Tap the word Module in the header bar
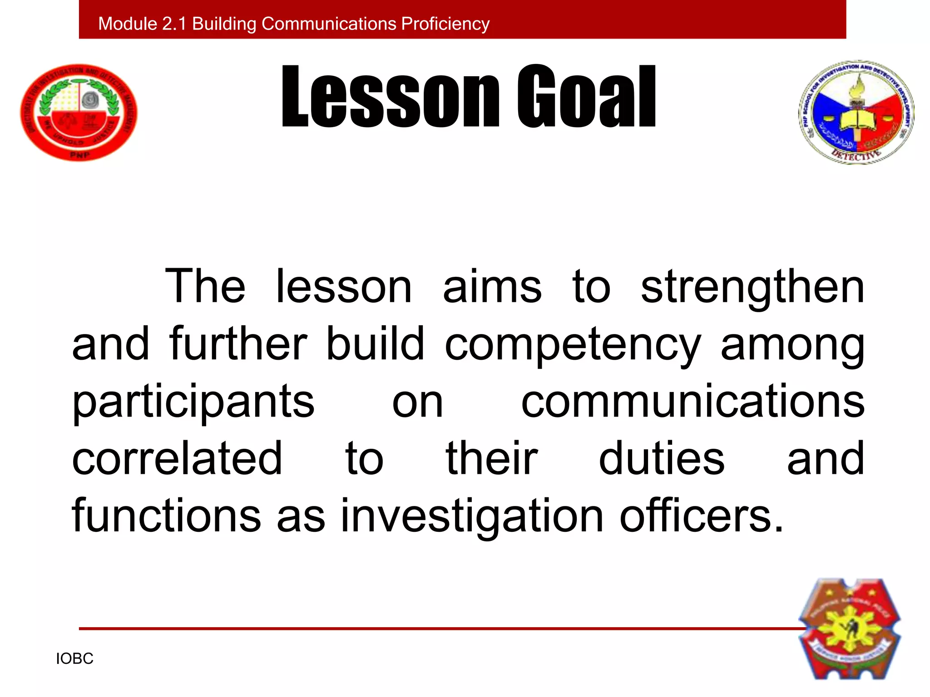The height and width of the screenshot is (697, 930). coord(127,24)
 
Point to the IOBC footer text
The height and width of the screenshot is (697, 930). coord(74,658)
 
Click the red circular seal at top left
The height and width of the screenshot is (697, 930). coord(79,112)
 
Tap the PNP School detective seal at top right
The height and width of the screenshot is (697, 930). coord(856,112)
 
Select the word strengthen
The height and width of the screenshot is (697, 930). coord(752,287)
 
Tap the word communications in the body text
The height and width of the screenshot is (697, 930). coord(693,402)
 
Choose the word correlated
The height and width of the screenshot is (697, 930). coord(177,459)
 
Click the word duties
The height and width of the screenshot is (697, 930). coord(662,459)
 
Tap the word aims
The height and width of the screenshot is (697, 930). coord(492,287)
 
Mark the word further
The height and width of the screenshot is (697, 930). coord(238,344)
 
